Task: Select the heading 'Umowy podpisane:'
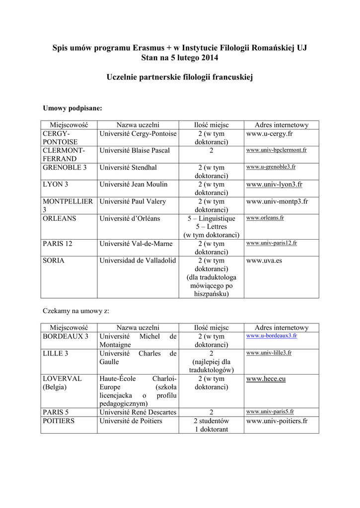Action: pyautogui.click(x=72, y=108)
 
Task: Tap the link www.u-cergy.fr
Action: pyautogui.click(x=270, y=134)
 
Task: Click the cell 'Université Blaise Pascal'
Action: pyautogui.click(x=135, y=150)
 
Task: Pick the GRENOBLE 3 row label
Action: pyautogui.click(x=65, y=167)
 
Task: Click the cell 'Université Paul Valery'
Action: pyautogui.click(x=133, y=201)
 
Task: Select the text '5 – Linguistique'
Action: pyautogui.click(x=211, y=218)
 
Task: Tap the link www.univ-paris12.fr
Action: pyautogui.click(x=272, y=243)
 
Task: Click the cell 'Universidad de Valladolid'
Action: pyautogui.click(x=138, y=260)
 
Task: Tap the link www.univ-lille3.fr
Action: pyautogui.click(x=269, y=353)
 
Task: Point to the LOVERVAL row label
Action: pyautogui.click(x=62, y=379)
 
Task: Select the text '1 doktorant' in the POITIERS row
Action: pyautogui.click(x=212, y=429)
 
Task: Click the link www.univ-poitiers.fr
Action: pyautogui.click(x=277, y=421)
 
